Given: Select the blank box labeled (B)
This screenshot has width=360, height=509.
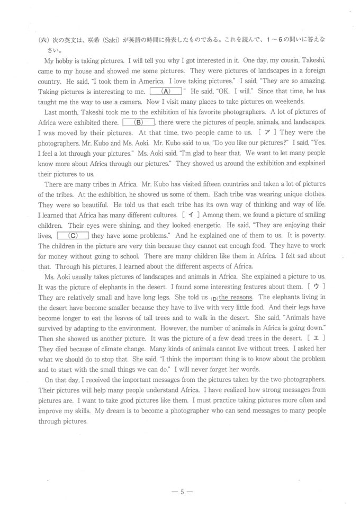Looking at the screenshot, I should tap(139, 122).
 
